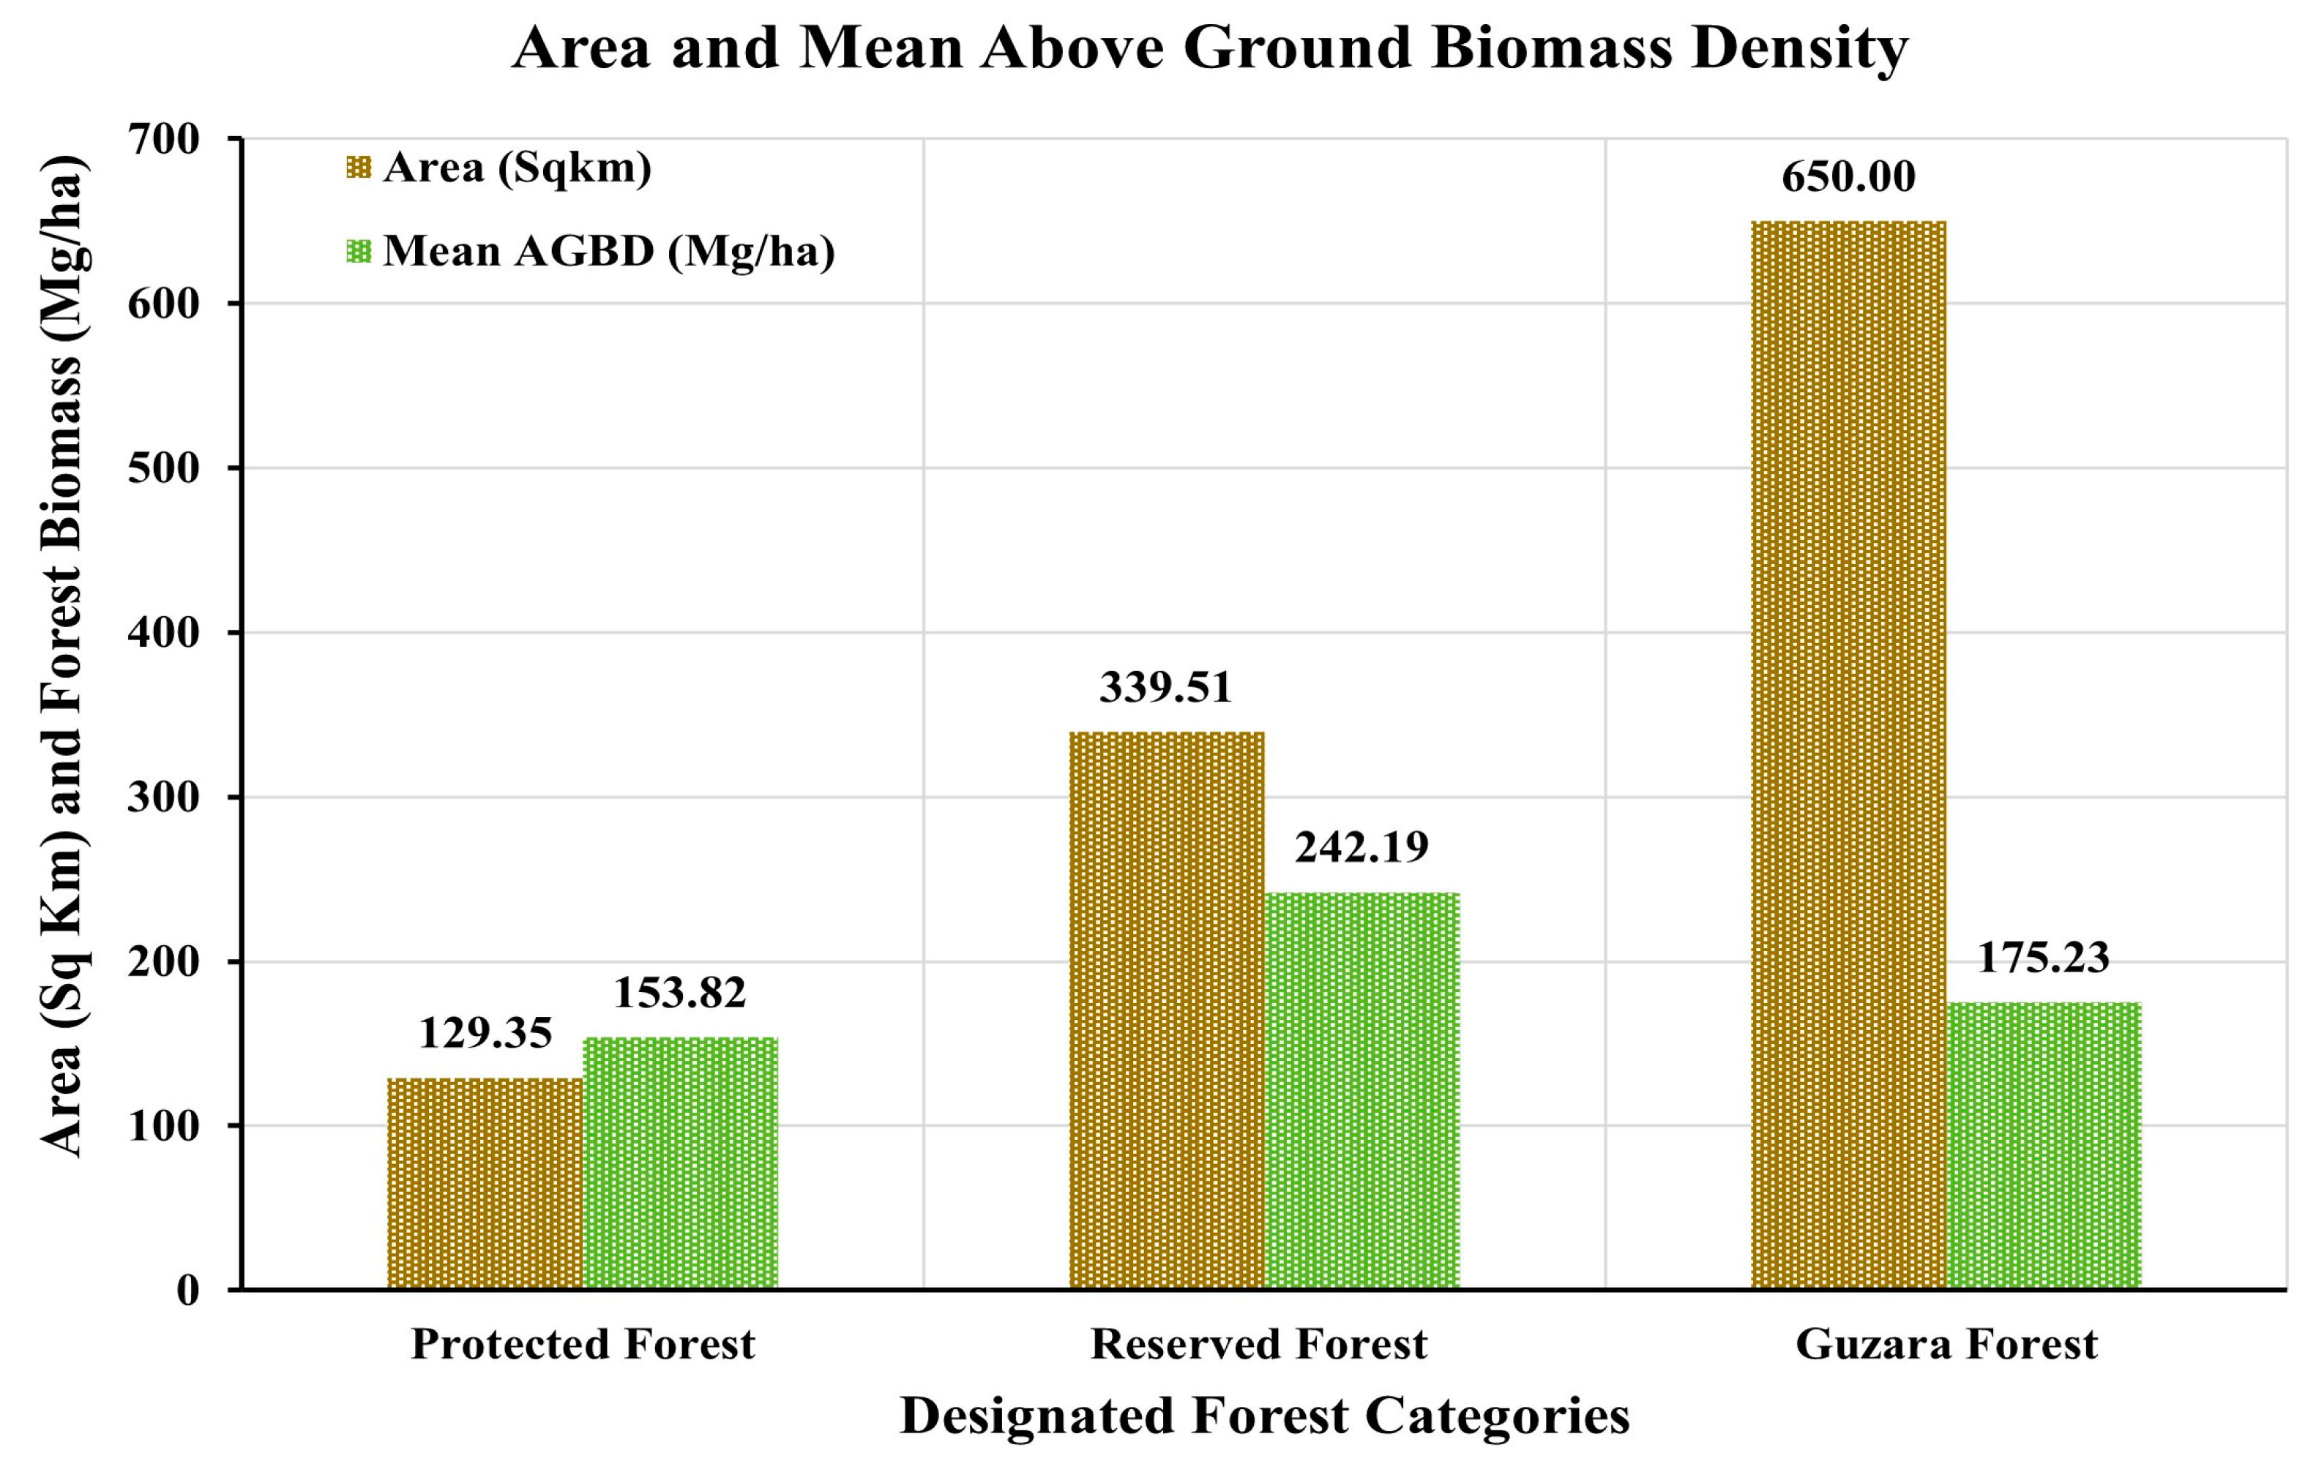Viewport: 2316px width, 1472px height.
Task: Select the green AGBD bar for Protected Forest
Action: pyautogui.click(x=680, y=1163)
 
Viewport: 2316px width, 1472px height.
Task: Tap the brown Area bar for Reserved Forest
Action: pyautogui.click(x=1167, y=1010)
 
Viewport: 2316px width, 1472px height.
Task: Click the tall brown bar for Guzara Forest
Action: pyautogui.click(x=1848, y=755)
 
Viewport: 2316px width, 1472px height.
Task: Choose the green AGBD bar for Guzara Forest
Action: pyautogui.click(x=2044, y=1145)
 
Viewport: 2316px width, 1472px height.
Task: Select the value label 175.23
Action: pyautogui.click(x=2044, y=958)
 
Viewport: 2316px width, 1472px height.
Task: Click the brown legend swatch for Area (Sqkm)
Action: pyautogui.click(x=358, y=168)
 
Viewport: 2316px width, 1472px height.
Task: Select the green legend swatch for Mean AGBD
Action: pyautogui.click(x=358, y=252)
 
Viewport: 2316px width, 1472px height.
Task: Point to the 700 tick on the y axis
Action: pyautogui.click(x=163, y=140)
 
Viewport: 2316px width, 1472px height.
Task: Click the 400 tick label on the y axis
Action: pyautogui.click(x=163, y=633)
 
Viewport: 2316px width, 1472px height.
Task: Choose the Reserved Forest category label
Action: pyautogui.click(x=1258, y=1344)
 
